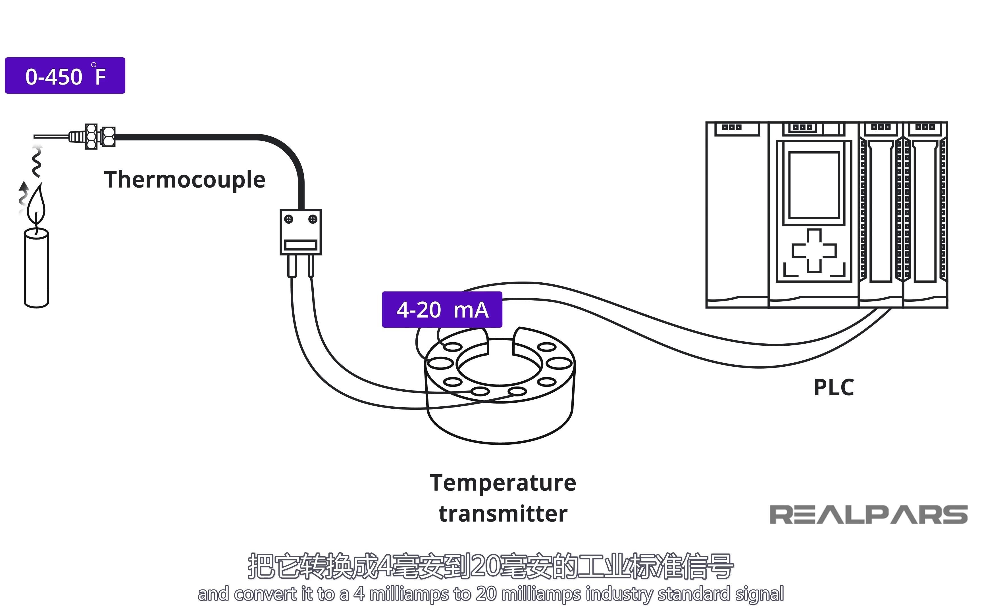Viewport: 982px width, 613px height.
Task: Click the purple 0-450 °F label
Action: tap(65, 76)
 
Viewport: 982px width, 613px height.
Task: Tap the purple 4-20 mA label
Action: tap(442, 310)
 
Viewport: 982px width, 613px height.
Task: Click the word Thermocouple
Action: tap(185, 180)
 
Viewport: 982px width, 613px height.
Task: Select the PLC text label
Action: tap(834, 388)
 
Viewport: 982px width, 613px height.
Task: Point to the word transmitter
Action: tap(503, 514)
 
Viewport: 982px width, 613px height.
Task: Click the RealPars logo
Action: tap(868, 515)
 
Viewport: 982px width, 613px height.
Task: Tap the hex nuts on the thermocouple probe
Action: tap(100, 136)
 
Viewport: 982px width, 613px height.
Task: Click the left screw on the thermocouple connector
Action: tap(288, 219)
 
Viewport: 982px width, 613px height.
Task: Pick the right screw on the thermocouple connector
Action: tap(313, 219)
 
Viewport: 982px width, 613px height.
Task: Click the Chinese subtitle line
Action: tap(491, 566)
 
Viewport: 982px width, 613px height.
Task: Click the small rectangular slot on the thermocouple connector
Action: tap(301, 245)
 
